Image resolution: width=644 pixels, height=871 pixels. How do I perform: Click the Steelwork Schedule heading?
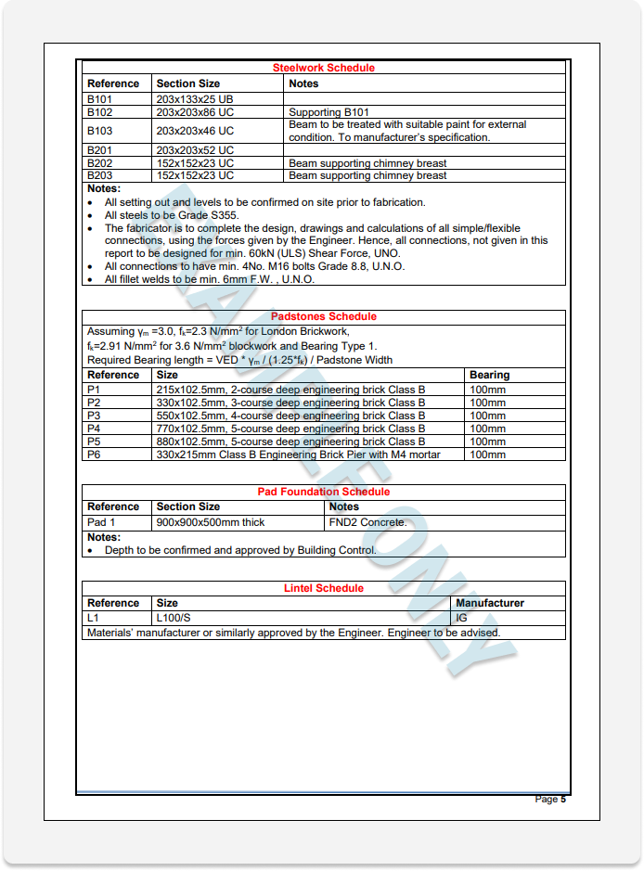point(323,68)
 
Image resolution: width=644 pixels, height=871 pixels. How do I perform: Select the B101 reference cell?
point(99,99)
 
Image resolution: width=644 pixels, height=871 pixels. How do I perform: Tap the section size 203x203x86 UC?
point(195,112)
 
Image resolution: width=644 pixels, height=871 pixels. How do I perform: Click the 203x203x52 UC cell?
point(195,150)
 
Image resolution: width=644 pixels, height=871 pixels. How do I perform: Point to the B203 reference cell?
point(99,175)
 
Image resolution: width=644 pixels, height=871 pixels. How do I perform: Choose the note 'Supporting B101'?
point(328,112)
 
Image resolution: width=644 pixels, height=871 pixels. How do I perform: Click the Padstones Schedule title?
point(323,316)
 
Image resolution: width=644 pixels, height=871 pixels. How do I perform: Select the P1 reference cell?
point(94,390)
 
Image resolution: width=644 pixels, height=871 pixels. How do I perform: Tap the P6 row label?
point(94,455)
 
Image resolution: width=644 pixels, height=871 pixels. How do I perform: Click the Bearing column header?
point(489,375)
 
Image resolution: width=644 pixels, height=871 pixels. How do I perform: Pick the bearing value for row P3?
point(487,416)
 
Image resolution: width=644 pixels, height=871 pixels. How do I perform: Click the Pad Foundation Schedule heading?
point(323,492)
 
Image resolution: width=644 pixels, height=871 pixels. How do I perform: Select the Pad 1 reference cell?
point(101,522)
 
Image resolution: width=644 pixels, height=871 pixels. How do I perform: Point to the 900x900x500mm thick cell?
point(211,522)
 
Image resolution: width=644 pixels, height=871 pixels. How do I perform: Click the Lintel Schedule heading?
point(323,588)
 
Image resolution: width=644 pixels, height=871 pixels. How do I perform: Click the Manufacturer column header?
point(489,603)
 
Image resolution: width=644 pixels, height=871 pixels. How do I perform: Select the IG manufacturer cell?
point(461,618)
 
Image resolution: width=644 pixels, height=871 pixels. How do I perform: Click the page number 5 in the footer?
point(562,799)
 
